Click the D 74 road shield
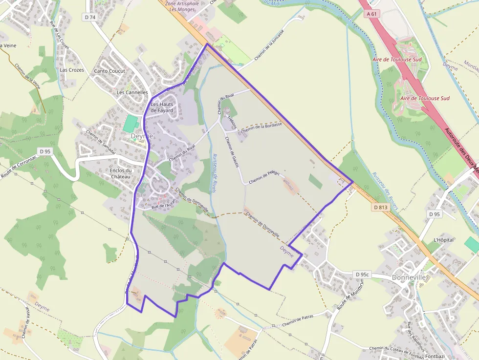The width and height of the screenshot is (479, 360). pos(89,17)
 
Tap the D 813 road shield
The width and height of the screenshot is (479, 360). pos(380,207)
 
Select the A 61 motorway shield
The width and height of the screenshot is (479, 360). pos(372,14)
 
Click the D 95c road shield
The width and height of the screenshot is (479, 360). pos(363,275)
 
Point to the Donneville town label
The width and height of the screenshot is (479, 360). pos(409,277)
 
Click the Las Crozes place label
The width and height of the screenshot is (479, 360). pos(72,70)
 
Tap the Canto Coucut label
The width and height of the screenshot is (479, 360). pos(109,71)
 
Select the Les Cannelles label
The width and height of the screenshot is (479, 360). pos(132,92)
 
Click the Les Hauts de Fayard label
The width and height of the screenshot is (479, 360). pos(162,107)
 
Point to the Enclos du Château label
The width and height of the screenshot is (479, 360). pos(121,173)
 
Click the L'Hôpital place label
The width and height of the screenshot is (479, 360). pos(444,240)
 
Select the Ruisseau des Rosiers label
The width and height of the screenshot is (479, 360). pos(385,191)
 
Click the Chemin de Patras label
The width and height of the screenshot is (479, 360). pos(297,320)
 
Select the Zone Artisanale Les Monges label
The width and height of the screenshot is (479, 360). pos(182,6)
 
